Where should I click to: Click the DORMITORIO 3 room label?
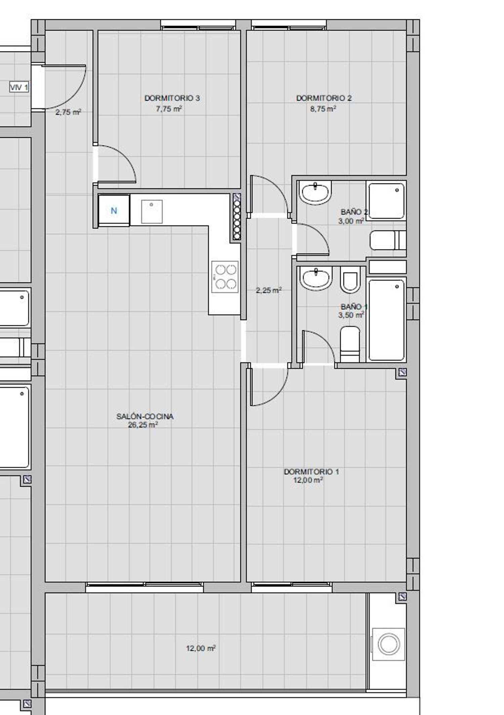pyautogui.click(x=172, y=98)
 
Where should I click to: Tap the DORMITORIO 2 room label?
pyautogui.click(x=324, y=98)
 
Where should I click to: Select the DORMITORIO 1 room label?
pyautogui.click(x=311, y=472)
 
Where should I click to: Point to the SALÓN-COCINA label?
pyautogui.click(x=145, y=417)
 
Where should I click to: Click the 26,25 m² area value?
pyautogui.click(x=143, y=425)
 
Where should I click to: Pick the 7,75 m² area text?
pyautogui.click(x=169, y=109)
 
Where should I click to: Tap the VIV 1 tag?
pyautogui.click(x=19, y=88)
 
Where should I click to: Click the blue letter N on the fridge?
pyautogui.click(x=114, y=211)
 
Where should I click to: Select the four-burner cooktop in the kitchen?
pyautogui.click(x=225, y=277)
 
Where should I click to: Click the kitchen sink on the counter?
pyautogui.click(x=152, y=212)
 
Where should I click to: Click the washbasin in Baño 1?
pyautogui.click(x=316, y=278)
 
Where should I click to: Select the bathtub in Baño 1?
pyautogui.click(x=386, y=320)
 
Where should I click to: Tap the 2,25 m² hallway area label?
pyautogui.click(x=269, y=290)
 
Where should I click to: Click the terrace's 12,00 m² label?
pyautogui.click(x=201, y=648)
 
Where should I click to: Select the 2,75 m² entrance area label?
pyautogui.click(x=69, y=112)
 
